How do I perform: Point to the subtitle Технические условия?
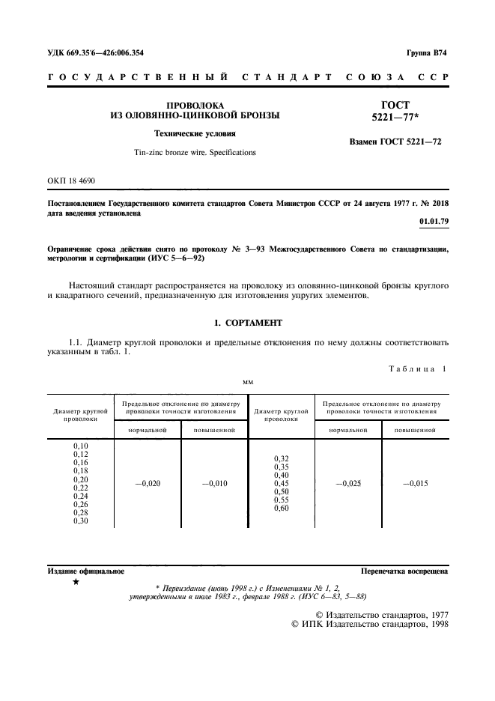195,134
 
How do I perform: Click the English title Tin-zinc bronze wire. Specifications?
195,152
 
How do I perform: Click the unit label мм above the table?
247,382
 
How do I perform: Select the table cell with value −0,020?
147,483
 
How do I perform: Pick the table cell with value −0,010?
214,483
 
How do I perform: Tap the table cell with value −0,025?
348,483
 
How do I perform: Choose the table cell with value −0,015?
415,483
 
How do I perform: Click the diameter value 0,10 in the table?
81,446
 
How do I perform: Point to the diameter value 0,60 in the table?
282,509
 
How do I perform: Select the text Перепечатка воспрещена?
404,571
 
